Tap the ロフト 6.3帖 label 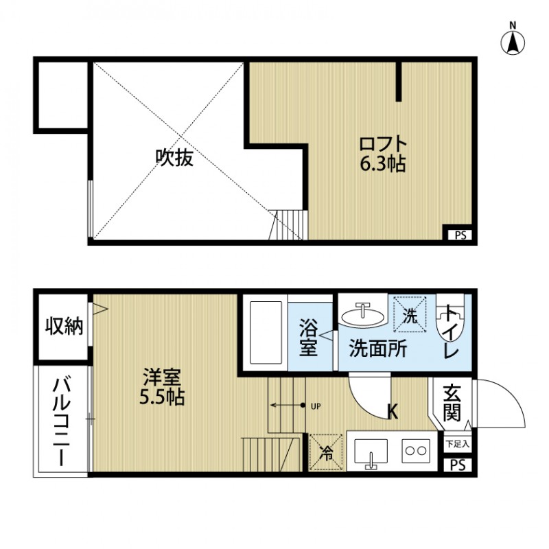click(383, 154)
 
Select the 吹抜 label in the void click(174, 159)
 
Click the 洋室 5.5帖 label click(163, 387)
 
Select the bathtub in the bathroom click(265, 333)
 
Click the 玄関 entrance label click(452, 403)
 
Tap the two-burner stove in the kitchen click(416, 451)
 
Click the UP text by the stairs click(316, 406)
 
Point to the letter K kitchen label click(393, 412)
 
